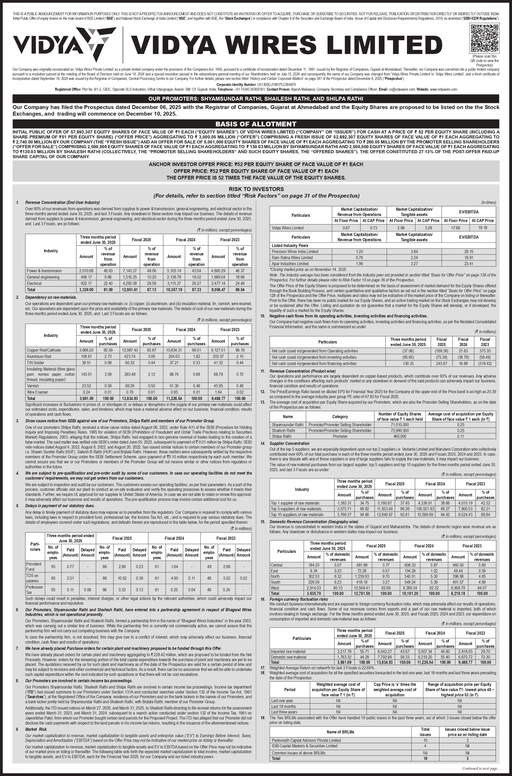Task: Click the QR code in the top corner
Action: tap(484, 39)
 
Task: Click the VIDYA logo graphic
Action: tap(64, 44)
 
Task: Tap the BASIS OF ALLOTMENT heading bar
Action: tap(256, 124)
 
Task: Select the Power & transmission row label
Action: tap(44, 271)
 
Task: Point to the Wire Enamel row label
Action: tap(37, 392)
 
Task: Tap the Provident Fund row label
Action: tap(34, 566)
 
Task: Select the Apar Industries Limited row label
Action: tap(290, 264)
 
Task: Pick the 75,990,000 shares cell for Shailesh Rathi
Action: tap(399, 430)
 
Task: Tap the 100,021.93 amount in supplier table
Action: tap(425, 509)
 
